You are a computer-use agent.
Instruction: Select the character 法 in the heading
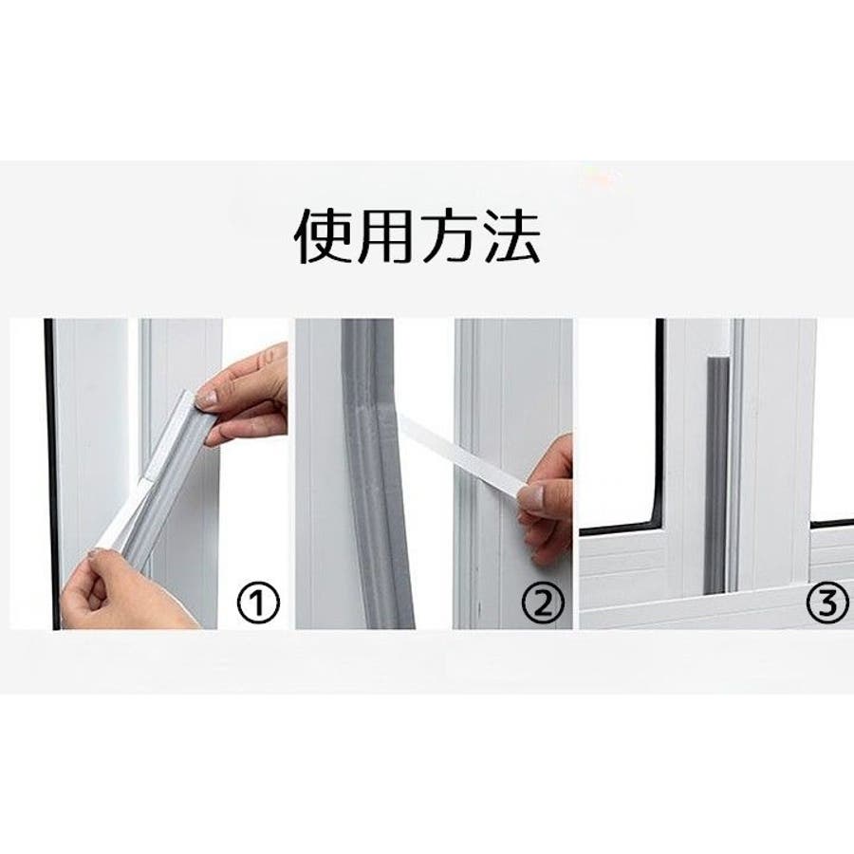[x=511, y=236]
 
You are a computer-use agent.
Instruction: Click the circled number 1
[x=258, y=603]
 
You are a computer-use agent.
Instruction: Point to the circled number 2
[x=543, y=603]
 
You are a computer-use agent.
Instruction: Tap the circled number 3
[x=827, y=603]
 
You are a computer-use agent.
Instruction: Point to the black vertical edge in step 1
[x=49, y=473]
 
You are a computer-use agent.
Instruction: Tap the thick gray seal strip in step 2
[x=377, y=473]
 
